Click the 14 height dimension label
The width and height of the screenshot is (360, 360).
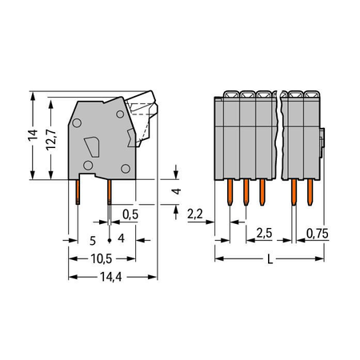(33, 135)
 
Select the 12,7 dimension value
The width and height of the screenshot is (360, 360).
(51, 140)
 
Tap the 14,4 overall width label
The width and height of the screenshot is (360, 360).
(111, 277)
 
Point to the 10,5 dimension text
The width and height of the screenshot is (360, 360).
(102, 258)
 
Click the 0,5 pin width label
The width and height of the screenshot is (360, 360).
(130, 214)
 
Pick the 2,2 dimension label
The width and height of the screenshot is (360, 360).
(195, 214)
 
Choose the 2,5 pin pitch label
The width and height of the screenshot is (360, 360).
(264, 234)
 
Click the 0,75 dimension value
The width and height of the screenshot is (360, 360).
(318, 234)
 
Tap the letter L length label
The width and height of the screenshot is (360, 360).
(270, 259)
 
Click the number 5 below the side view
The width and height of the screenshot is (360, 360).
(93, 241)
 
